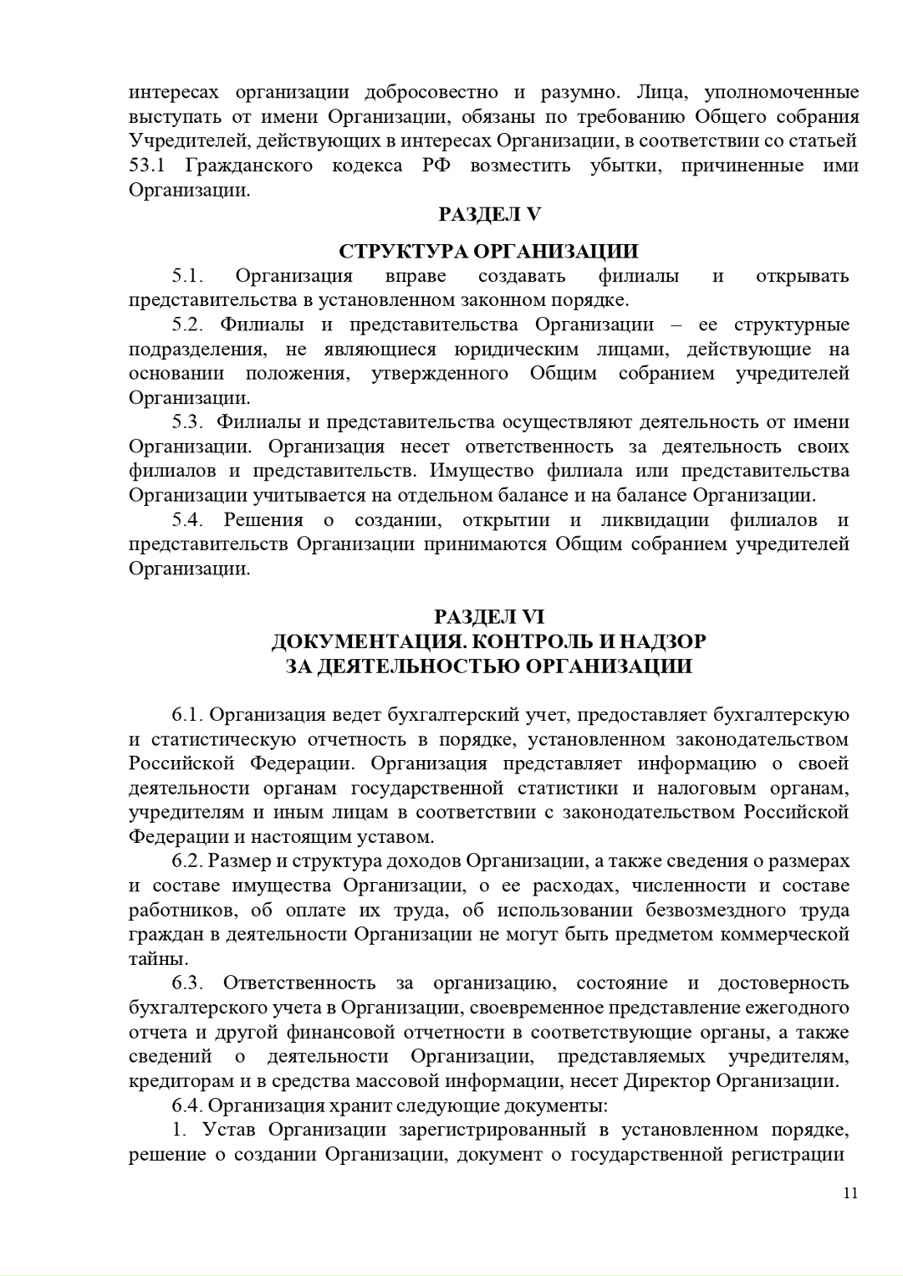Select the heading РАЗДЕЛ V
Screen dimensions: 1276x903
tap(490, 214)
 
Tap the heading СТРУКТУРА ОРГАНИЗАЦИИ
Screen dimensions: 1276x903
tap(488, 252)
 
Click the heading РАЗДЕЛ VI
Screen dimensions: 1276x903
tap(489, 617)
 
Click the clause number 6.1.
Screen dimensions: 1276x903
tap(188, 715)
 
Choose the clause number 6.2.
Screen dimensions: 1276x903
tap(188, 861)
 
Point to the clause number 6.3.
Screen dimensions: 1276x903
tap(188, 983)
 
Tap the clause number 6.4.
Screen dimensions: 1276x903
tap(188, 1105)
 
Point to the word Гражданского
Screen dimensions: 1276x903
tap(248, 166)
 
